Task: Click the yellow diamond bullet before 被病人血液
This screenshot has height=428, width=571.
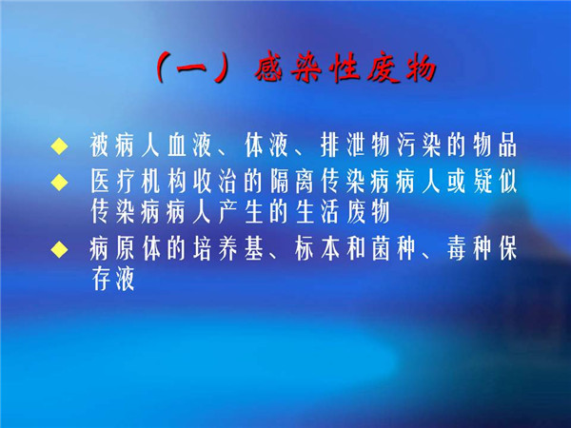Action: (x=59, y=146)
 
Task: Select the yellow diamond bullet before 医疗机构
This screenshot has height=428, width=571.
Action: (x=59, y=182)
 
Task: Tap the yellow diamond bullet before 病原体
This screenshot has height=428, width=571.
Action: (x=59, y=249)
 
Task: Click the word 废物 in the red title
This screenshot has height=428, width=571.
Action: (x=402, y=68)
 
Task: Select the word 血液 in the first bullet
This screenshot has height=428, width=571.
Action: (x=189, y=146)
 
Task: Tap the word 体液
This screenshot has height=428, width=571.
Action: (x=266, y=146)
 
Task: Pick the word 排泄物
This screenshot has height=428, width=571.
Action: (x=356, y=146)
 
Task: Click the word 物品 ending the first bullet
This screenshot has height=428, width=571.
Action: (x=495, y=146)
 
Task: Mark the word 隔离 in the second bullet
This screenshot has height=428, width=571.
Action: (x=292, y=181)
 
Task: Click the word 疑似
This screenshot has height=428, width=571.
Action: (x=495, y=181)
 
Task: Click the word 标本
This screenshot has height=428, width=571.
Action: (x=317, y=249)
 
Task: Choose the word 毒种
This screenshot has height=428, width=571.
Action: (x=469, y=249)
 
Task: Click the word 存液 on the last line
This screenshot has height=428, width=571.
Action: (x=113, y=279)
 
